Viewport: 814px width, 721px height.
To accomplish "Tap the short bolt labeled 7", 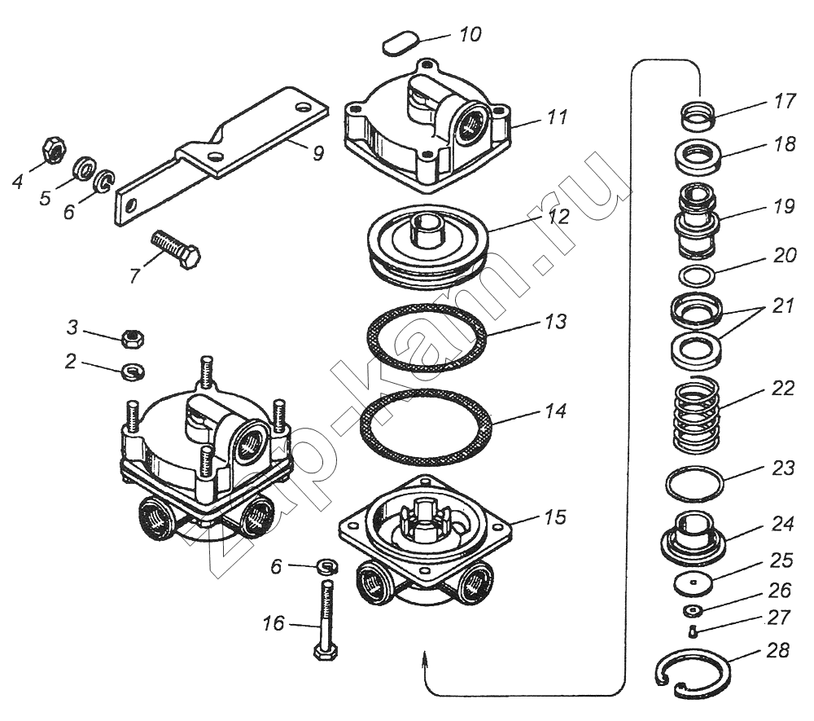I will pyautogui.click(x=175, y=248).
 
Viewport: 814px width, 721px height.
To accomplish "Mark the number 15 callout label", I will pyautogui.click(x=556, y=517).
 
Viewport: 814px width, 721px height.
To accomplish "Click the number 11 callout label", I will pyautogui.click(x=556, y=117).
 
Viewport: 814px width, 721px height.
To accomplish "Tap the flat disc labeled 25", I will pyautogui.click(x=694, y=583).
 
